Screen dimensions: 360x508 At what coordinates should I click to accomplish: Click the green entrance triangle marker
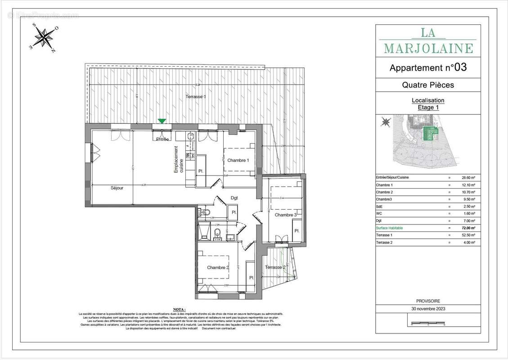pyautogui.click(x=162, y=121)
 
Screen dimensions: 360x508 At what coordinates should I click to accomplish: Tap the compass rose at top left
pyautogui.click(x=43, y=37)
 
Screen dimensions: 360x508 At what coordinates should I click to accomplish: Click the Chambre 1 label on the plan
pyautogui.click(x=238, y=161)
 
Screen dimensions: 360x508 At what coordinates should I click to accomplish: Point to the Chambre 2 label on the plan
pyautogui.click(x=218, y=267)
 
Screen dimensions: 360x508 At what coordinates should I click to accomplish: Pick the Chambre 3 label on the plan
pyautogui.click(x=286, y=215)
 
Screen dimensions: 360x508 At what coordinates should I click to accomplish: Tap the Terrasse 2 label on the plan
pyautogui.click(x=275, y=267)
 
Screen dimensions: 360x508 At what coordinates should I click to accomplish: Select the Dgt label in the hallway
pyautogui.click(x=234, y=198)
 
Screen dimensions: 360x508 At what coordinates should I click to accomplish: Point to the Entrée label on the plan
pyautogui.click(x=162, y=139)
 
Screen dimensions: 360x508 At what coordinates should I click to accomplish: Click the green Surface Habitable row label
pyautogui.click(x=390, y=228)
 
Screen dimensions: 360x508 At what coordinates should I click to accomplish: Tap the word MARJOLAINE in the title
pyautogui.click(x=428, y=49)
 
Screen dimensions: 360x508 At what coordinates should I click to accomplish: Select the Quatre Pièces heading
pyautogui.click(x=427, y=85)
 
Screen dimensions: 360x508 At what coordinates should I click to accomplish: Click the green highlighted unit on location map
pyautogui.click(x=431, y=134)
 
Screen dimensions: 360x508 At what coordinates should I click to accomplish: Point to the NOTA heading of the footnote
pyautogui.click(x=179, y=310)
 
